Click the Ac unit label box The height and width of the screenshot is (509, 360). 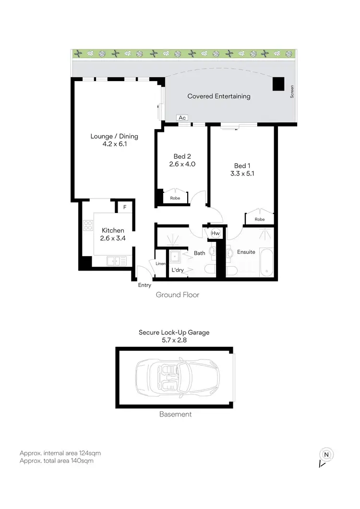tap(182, 118)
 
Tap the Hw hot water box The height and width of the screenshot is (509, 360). tap(216, 234)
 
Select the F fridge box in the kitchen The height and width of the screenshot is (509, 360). tap(125, 207)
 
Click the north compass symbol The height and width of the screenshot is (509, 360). tap(326, 455)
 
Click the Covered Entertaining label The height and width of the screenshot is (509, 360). tap(219, 96)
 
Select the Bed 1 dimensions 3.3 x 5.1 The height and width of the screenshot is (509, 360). tap(242, 174)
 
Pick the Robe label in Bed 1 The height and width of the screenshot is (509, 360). tap(260, 219)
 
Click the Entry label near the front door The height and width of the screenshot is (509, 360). tap(144, 285)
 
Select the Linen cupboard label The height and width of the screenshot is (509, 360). tap(160, 263)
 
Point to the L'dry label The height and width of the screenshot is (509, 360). tap(178, 271)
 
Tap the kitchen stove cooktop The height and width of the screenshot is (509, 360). tap(88, 226)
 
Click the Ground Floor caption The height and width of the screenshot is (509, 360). tap(177, 295)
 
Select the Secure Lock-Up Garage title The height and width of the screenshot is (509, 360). tap(174, 332)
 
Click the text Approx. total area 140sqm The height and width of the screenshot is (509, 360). tap(56, 461)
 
